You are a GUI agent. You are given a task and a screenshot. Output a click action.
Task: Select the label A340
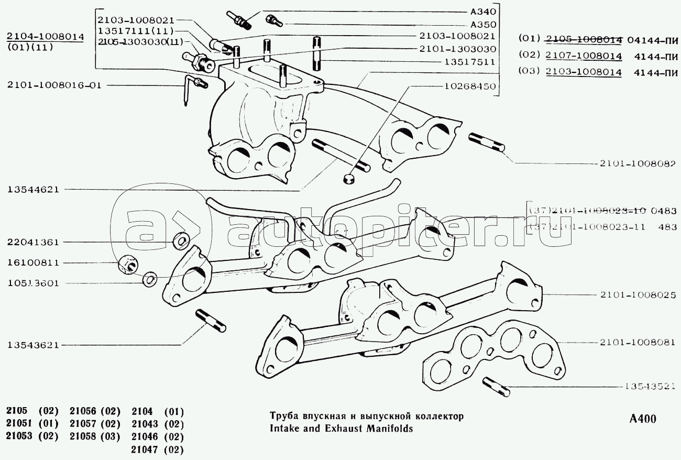(483, 10)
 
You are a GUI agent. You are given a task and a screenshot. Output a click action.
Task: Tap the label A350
(483, 24)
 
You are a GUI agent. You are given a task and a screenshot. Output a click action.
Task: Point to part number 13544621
(33, 189)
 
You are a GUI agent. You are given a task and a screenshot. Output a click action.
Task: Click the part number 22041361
(33, 242)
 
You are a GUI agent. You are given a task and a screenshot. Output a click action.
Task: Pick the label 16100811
(33, 262)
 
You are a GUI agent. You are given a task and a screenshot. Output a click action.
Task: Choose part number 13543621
(33, 345)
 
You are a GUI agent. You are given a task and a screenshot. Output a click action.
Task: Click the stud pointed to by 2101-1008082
(486, 143)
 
